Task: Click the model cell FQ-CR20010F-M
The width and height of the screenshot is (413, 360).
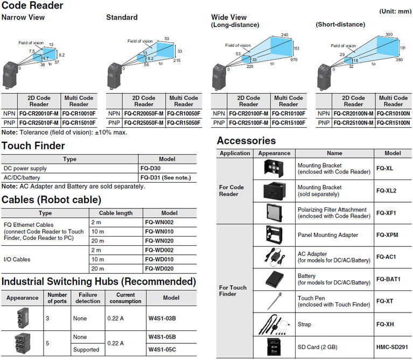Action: point(38,114)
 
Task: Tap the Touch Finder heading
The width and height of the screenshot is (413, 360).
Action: point(33,146)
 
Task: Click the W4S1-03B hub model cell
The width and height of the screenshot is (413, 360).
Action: point(162,318)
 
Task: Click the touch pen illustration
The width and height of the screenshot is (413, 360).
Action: point(274,300)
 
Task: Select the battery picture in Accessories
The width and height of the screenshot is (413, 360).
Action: point(274,278)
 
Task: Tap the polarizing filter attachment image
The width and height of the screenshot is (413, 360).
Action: point(274,212)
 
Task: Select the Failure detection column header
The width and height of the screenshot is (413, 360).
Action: point(87,297)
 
